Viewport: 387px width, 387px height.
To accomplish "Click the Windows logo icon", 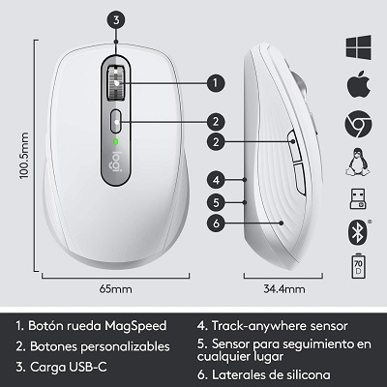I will (x=359, y=47).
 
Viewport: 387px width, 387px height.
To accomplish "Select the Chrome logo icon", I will (x=359, y=124).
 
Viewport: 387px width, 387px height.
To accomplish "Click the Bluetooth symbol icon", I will (x=359, y=232).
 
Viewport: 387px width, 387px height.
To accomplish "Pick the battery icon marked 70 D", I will (x=359, y=267).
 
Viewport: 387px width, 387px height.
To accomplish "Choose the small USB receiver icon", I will (x=359, y=199).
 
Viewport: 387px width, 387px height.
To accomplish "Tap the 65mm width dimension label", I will (x=115, y=288).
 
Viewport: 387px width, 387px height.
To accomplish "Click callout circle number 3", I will (x=115, y=18).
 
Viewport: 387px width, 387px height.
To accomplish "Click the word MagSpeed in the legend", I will (x=141, y=325).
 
